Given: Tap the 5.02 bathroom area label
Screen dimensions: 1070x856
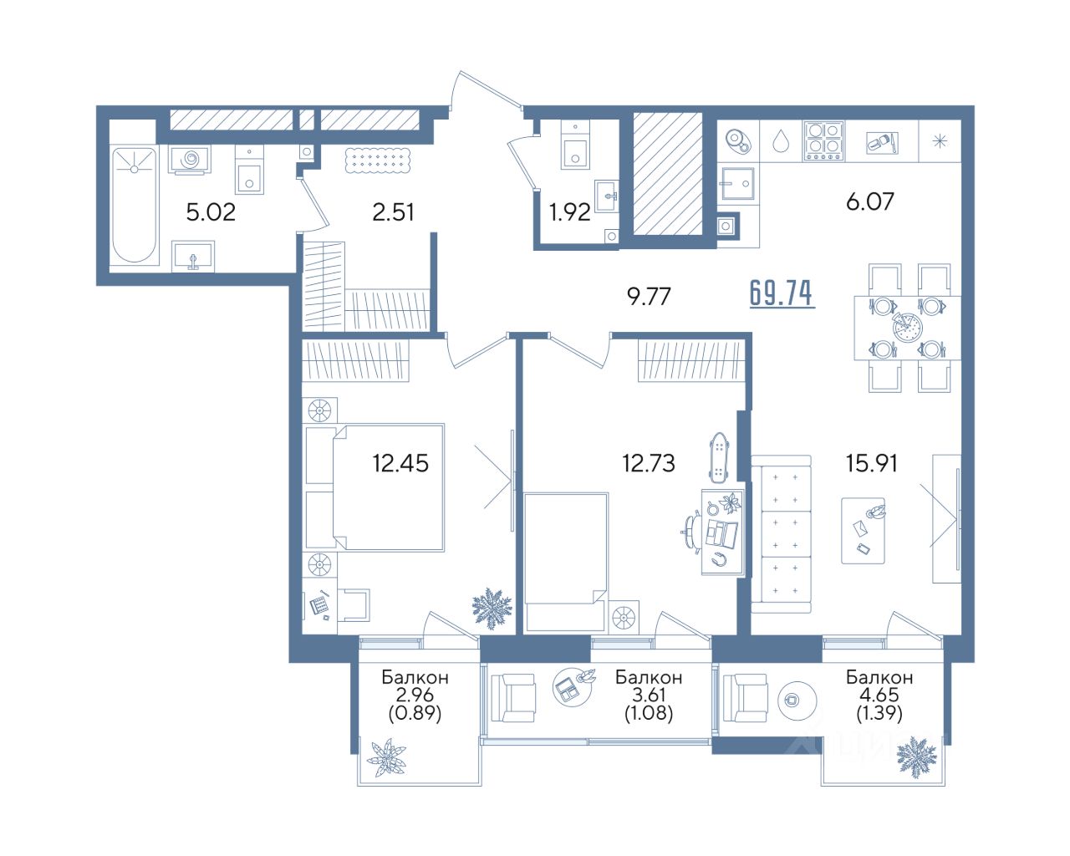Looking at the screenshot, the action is click(211, 212).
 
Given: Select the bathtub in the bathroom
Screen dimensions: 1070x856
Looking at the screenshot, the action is click(134, 205).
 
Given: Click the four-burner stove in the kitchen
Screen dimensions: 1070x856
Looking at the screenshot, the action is click(824, 141).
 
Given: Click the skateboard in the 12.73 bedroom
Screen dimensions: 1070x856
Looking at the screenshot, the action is click(720, 457).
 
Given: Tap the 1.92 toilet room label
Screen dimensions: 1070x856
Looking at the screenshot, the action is click(570, 213).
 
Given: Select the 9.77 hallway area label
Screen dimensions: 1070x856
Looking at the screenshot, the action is click(649, 297).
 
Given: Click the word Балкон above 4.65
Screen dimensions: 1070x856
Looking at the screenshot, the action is click(879, 677).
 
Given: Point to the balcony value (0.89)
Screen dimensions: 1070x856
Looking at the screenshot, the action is click(415, 713).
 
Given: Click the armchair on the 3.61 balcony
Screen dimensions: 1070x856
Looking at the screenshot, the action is click(513, 698).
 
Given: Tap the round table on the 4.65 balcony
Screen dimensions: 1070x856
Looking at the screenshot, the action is click(797, 701).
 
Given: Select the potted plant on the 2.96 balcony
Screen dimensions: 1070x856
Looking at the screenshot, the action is click(386, 758).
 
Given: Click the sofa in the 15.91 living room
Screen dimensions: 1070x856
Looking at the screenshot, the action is click(781, 534).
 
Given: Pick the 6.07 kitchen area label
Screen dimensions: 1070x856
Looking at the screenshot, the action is click(869, 201).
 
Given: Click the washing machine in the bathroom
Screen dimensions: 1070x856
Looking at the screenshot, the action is click(190, 159).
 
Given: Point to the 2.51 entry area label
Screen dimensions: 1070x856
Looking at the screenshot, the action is click(393, 212).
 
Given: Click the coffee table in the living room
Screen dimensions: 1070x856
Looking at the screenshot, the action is click(863, 531).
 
